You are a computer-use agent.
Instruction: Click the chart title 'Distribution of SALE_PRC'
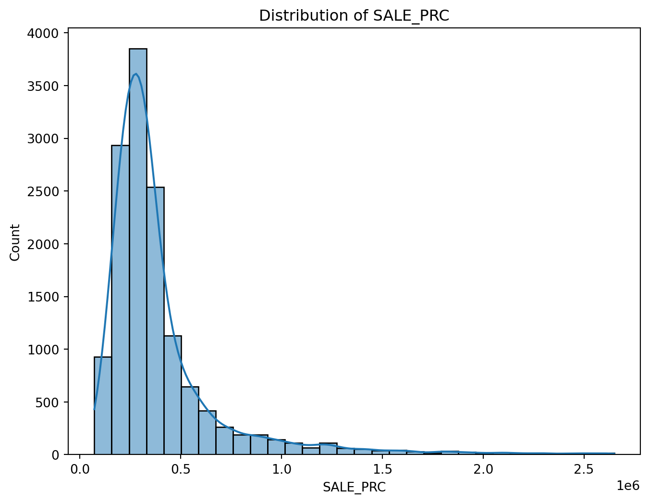pos(354,16)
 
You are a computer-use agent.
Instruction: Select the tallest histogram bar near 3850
pos(138,250)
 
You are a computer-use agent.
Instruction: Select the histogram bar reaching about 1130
pos(172,394)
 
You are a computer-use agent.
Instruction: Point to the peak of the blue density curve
pos(136,74)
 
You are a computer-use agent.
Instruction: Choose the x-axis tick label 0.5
pos(181,469)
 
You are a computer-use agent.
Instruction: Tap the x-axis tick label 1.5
pos(382,469)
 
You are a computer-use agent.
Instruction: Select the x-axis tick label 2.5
pos(583,469)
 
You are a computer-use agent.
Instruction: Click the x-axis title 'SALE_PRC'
pos(354,487)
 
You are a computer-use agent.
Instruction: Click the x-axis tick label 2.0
pos(483,469)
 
